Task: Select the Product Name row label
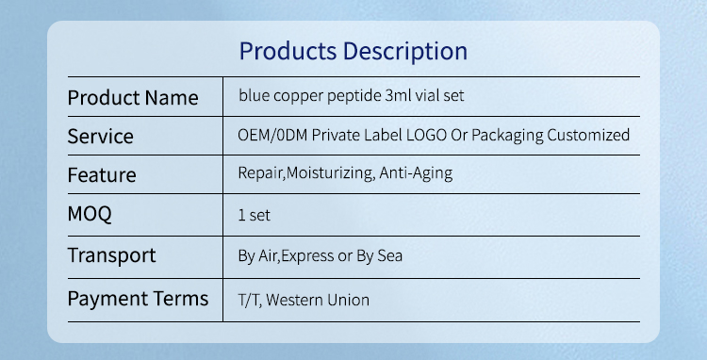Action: coord(133,98)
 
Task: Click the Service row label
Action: coord(101,137)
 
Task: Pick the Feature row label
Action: coord(102,175)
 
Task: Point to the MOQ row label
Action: coord(90,214)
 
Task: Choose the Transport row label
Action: coord(111,254)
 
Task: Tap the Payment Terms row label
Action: coord(138,300)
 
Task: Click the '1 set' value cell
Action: coord(255,215)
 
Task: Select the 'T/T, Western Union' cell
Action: coord(304,301)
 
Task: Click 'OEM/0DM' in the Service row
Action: coord(271,135)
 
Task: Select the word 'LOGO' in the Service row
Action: coord(426,135)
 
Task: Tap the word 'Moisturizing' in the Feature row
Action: coord(329,173)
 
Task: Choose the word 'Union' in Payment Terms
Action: coord(348,301)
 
